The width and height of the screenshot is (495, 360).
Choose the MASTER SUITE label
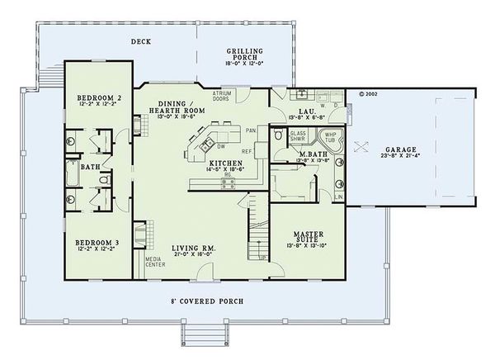(304, 236)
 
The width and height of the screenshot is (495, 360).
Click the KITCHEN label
(224, 164)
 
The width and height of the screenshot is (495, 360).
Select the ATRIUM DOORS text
(221, 96)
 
